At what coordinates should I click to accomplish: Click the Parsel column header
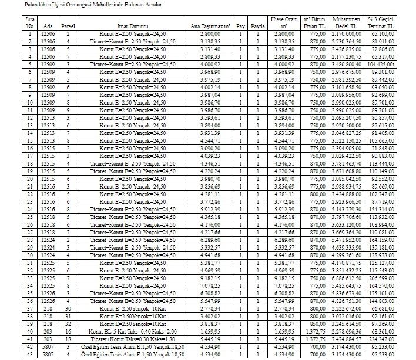coord(68,26)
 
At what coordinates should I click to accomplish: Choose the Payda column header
coord(258,26)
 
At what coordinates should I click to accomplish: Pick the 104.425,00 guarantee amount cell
coord(383,63)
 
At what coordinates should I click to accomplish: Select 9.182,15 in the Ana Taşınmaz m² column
coord(210,277)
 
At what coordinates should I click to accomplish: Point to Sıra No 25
coord(30,216)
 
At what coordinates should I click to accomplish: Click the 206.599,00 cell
coord(383,277)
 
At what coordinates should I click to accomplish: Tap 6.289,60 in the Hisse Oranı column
coord(284,239)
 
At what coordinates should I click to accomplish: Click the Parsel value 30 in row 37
coord(68,308)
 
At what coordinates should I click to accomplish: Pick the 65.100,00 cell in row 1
coord(383,35)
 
